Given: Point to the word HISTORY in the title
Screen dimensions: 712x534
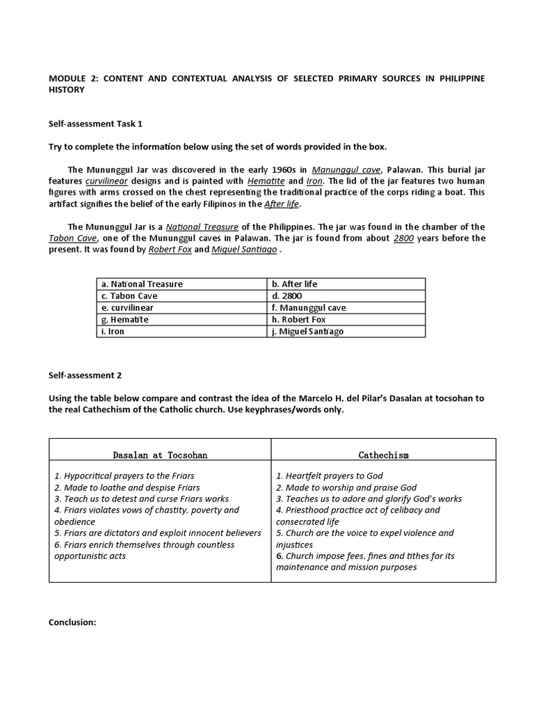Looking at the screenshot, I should (x=66, y=90).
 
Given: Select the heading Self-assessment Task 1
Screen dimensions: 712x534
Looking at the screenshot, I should (x=95, y=124).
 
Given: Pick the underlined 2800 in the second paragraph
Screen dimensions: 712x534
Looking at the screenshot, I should (x=403, y=238).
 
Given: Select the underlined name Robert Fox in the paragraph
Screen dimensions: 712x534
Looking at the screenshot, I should (x=170, y=249).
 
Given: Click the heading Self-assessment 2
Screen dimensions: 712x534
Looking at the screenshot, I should (x=85, y=375).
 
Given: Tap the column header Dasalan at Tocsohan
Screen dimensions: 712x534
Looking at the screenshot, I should (x=160, y=455).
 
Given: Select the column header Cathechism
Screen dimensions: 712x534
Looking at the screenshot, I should (x=383, y=455).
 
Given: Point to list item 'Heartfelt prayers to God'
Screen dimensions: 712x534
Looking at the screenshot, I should (x=329, y=476).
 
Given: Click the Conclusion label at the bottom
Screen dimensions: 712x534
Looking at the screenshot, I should (x=72, y=622).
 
